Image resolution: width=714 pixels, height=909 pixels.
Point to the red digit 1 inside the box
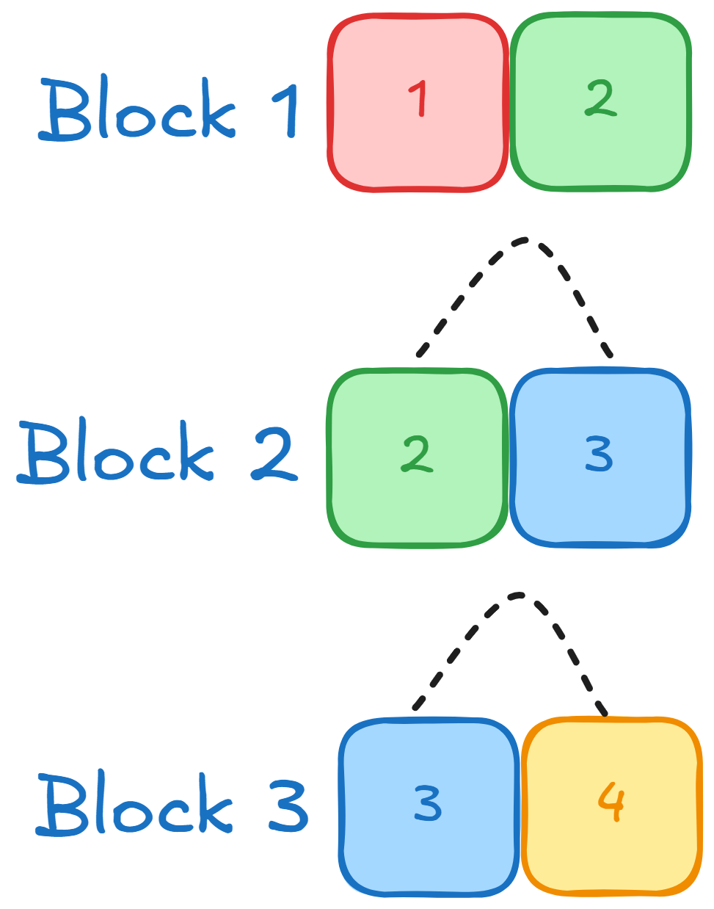point(419,99)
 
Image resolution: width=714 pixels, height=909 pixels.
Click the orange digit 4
point(611,802)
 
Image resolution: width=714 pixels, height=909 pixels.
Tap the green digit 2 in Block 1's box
point(600,98)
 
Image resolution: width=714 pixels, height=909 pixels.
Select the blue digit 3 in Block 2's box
point(599,454)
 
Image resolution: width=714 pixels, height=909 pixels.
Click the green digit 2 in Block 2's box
point(417,454)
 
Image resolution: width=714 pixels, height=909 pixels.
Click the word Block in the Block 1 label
point(138,110)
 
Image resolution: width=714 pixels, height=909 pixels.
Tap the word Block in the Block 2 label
point(116,452)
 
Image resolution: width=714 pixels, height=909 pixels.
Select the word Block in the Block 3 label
point(136,803)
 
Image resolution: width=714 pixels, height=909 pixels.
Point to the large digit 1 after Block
point(288,110)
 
